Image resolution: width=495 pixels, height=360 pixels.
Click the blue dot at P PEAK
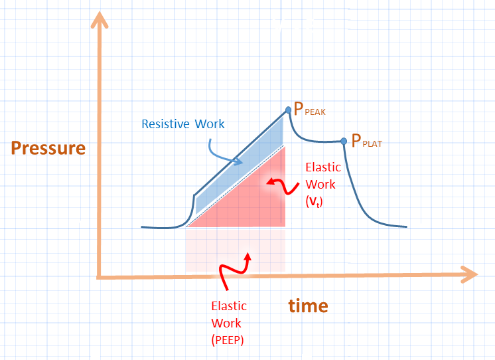click(x=288, y=110)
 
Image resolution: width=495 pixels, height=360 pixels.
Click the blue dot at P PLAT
click(x=344, y=141)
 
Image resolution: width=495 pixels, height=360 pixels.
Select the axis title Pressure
click(x=48, y=147)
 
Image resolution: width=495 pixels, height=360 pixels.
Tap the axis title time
click(x=308, y=306)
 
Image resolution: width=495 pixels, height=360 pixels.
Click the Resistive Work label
click(x=183, y=124)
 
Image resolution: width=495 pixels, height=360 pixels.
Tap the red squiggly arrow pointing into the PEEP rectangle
click(x=236, y=269)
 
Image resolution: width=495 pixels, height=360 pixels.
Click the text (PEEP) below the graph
click(x=228, y=340)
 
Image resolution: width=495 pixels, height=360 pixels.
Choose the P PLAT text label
click(x=367, y=141)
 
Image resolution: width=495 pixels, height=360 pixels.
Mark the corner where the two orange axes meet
click(x=100, y=276)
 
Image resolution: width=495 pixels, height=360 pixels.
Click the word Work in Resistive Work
click(x=210, y=124)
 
